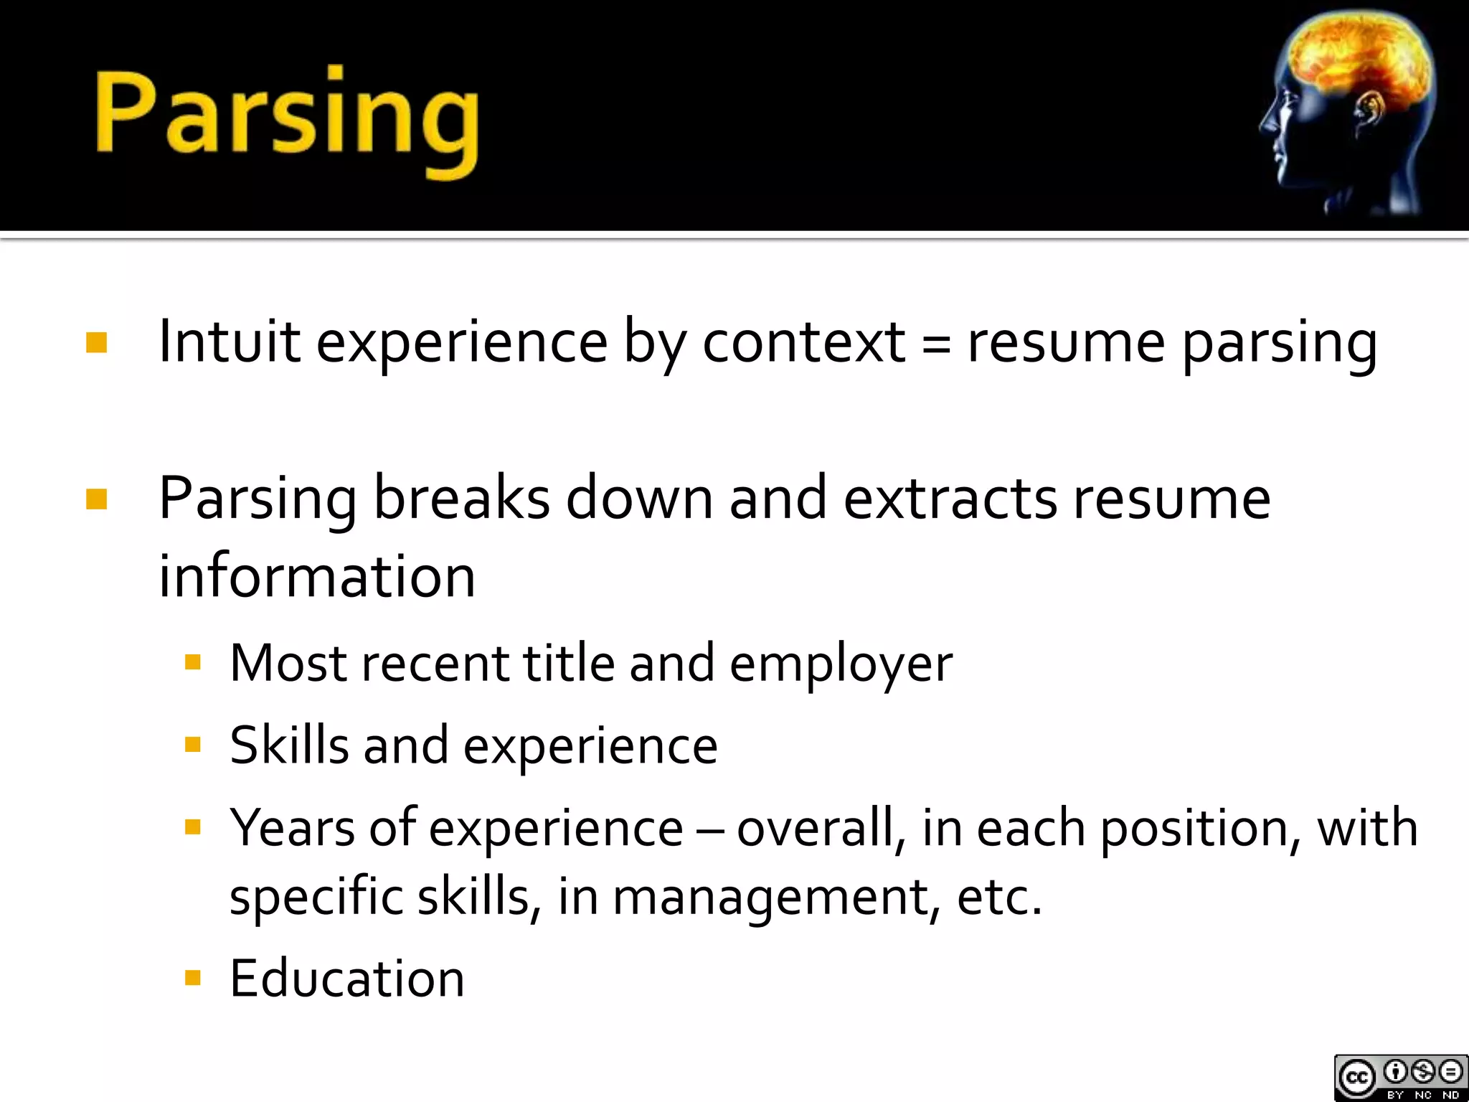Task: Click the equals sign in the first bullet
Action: [936, 343]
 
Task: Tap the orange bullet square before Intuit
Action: [96, 343]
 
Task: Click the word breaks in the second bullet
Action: [461, 498]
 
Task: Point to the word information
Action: [317, 576]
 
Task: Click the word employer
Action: [841, 664]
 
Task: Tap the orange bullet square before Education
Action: [192, 978]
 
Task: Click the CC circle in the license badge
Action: [1356, 1077]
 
